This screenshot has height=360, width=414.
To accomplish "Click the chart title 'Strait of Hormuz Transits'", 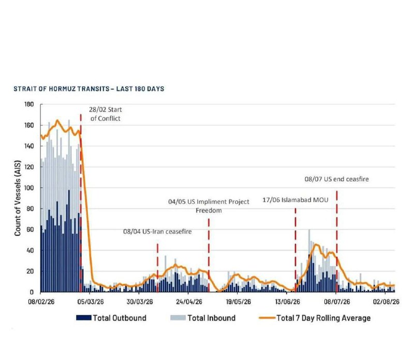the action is click(61, 88).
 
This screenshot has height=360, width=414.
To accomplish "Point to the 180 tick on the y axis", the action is click(29, 104).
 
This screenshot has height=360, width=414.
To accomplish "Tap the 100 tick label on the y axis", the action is click(29, 188).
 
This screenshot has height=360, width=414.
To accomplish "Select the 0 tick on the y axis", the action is click(32, 292).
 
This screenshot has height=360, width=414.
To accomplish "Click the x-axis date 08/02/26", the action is click(41, 302).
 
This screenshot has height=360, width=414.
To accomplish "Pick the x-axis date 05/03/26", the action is click(90, 302).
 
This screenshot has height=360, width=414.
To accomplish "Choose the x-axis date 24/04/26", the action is click(189, 302).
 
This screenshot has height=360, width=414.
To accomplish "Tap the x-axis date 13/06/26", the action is click(288, 302).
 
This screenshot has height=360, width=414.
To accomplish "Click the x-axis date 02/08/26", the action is click(386, 302).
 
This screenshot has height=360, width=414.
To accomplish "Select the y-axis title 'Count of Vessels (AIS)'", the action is click(18, 198).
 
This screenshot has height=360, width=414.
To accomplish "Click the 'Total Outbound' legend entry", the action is click(111, 318).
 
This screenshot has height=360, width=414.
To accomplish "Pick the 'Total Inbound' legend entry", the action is click(203, 318).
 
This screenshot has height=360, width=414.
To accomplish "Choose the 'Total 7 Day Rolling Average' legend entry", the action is click(315, 318).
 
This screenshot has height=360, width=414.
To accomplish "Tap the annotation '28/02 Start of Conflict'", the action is click(106, 114).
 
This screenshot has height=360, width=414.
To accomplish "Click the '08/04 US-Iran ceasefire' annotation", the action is click(157, 232).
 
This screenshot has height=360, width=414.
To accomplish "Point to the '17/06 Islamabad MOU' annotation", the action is click(295, 200).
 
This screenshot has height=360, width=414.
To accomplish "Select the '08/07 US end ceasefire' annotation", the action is click(337, 179).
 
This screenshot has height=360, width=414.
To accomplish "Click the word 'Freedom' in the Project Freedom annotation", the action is click(209, 211).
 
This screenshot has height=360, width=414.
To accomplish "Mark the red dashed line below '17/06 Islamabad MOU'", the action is click(295, 250).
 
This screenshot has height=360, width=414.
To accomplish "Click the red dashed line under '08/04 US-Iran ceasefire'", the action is click(158, 268).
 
